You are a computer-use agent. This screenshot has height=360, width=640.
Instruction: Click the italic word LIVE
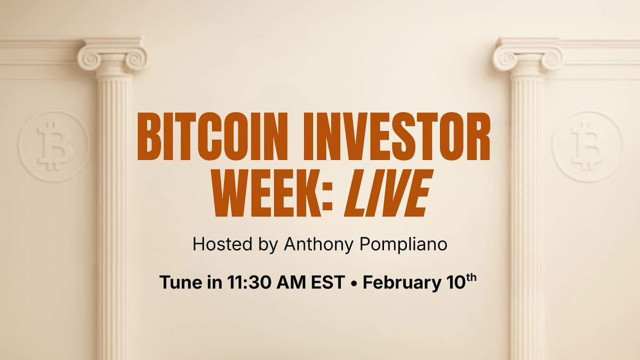pyautogui.click(x=387, y=194)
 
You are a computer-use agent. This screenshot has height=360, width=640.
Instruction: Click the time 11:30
pyautogui.click(x=244, y=282)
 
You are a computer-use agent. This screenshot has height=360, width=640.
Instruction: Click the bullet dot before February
pyautogui.click(x=353, y=283)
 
